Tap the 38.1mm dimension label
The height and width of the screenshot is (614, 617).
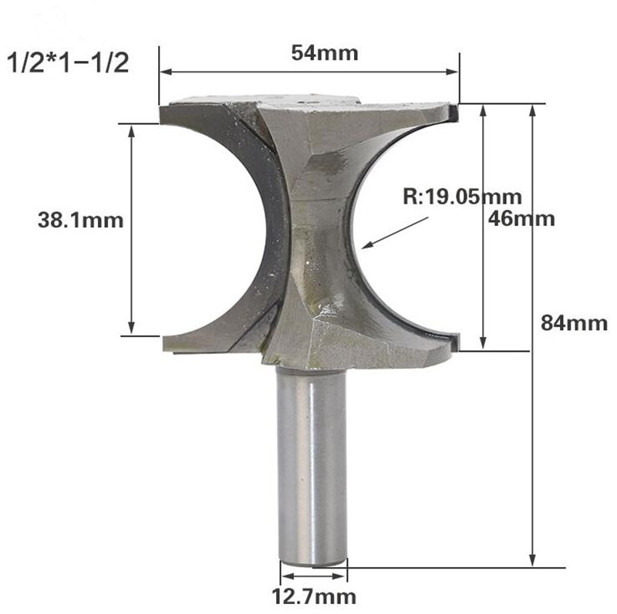click(81, 220)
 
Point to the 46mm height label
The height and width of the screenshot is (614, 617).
click(522, 218)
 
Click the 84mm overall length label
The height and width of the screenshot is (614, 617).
click(575, 323)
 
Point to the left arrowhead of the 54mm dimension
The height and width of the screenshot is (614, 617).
click(164, 74)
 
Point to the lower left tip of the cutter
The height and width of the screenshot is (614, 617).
click(164, 344)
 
